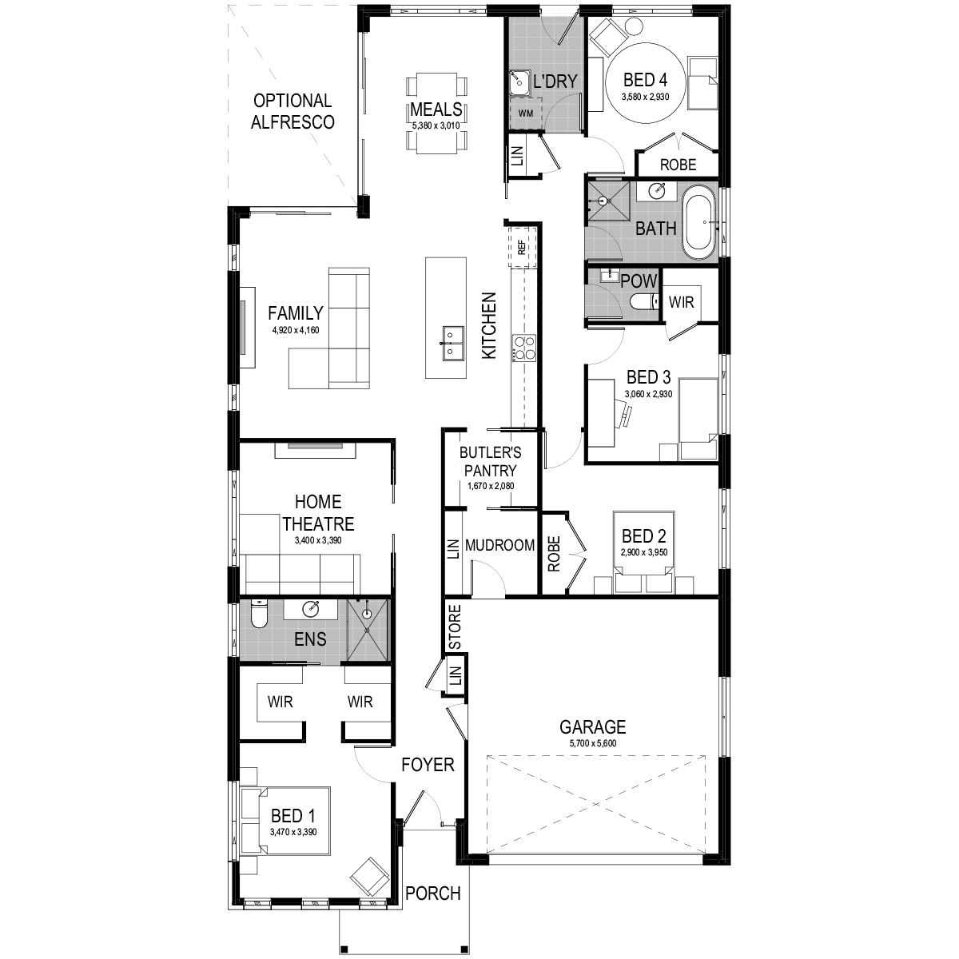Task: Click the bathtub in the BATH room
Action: (x=700, y=223)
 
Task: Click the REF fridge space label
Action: (x=522, y=248)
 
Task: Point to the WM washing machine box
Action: (x=525, y=113)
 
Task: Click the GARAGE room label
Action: (x=592, y=727)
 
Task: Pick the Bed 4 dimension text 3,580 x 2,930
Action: (x=645, y=97)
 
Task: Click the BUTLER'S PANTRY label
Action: (x=489, y=462)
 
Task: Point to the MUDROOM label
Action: (x=499, y=546)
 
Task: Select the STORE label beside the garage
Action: (x=455, y=627)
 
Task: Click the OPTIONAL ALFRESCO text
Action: (x=292, y=111)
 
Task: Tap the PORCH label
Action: (x=433, y=893)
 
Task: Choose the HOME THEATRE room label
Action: (x=318, y=513)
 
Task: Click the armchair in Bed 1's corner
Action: (x=370, y=876)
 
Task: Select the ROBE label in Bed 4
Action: (x=678, y=165)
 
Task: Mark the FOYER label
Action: (x=428, y=765)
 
